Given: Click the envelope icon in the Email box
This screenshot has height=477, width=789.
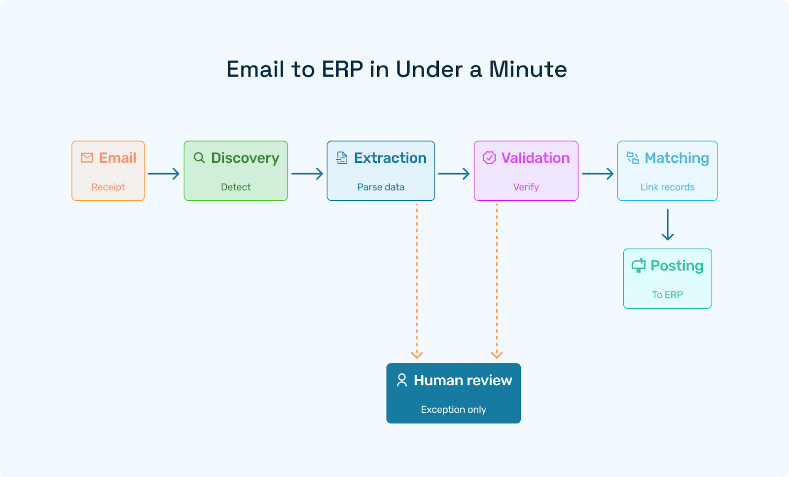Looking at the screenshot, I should (87, 158).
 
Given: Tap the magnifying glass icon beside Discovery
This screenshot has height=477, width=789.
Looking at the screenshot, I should (199, 158).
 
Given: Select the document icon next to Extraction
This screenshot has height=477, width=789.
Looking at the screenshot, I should (342, 158).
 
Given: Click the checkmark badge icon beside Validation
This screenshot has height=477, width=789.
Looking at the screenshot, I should (489, 158).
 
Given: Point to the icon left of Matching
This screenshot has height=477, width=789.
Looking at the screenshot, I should (633, 158).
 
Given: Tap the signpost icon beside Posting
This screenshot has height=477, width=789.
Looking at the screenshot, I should (639, 266).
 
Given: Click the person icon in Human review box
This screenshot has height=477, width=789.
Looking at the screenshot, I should (402, 380).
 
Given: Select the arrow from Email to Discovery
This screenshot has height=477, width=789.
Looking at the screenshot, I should (164, 174).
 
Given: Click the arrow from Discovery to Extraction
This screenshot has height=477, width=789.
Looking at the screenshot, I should (307, 174).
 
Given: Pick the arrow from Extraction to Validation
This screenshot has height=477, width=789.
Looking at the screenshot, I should (454, 174).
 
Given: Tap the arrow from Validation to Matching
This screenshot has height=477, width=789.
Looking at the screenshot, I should (598, 174).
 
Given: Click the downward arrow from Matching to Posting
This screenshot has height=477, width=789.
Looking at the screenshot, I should (668, 225).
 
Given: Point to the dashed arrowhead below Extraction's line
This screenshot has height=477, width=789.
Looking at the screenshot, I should (417, 354).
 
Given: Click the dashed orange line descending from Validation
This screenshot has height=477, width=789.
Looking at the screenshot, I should (497, 276).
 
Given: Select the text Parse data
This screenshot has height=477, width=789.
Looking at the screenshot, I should (381, 187).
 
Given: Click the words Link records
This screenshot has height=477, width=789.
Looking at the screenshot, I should (667, 187).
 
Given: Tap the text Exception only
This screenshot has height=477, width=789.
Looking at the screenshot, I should (453, 409).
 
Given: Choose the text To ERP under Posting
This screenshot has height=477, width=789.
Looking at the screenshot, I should (667, 294).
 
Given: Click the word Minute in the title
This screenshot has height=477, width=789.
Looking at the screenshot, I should (528, 69).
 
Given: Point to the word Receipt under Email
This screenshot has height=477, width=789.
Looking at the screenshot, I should (108, 187).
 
